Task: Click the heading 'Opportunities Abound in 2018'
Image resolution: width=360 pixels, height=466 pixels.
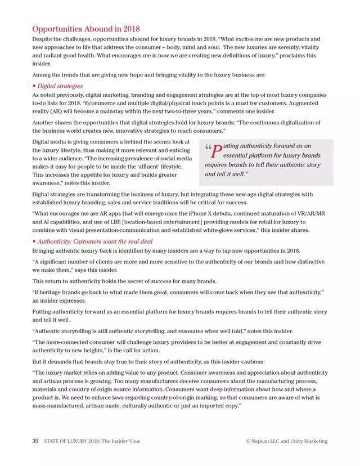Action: click(x=86, y=29)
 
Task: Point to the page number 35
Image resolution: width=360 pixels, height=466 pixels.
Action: click(x=35, y=441)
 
